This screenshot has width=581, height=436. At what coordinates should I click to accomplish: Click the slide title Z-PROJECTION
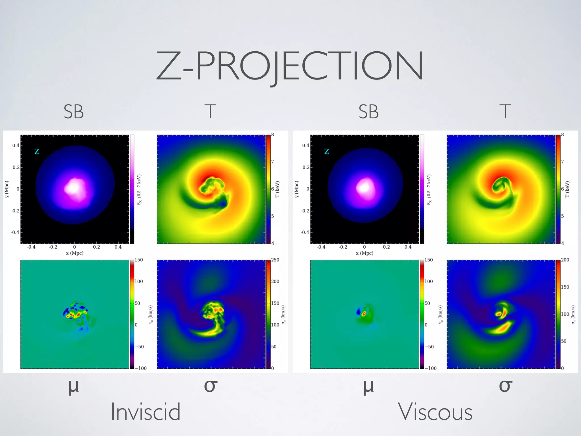pyautogui.click(x=290, y=66)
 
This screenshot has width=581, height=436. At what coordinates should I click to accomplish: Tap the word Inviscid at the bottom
pyautogui.click(x=145, y=412)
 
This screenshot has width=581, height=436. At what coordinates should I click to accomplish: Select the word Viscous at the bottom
pyautogui.click(x=435, y=412)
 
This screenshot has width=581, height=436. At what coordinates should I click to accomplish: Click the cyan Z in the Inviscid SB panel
pyautogui.click(x=37, y=152)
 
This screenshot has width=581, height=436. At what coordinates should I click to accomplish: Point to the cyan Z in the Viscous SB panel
pyautogui.click(x=327, y=152)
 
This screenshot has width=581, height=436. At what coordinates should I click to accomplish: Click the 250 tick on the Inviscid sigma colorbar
pyautogui.click(x=275, y=260)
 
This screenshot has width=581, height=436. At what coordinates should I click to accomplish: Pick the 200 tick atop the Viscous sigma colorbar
pyautogui.click(x=565, y=260)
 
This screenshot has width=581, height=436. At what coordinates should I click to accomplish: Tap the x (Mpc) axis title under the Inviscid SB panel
pyautogui.click(x=75, y=253)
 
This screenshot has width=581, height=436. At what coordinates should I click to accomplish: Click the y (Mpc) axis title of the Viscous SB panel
pyautogui.click(x=297, y=189)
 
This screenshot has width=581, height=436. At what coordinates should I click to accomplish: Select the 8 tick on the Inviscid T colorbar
pyautogui.click(x=273, y=135)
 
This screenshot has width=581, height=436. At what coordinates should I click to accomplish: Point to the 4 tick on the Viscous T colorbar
pyautogui.click(x=563, y=243)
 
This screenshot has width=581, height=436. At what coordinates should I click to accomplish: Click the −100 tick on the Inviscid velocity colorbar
pyautogui.click(x=141, y=368)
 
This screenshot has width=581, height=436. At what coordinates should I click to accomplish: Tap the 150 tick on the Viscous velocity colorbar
pyautogui.click(x=429, y=260)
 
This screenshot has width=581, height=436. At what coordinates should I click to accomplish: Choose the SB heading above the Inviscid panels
pyautogui.click(x=74, y=112)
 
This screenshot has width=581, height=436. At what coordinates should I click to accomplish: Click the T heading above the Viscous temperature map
pyautogui.click(x=505, y=112)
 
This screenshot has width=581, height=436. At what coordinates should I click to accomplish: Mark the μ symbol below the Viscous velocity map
pyautogui.click(x=369, y=387)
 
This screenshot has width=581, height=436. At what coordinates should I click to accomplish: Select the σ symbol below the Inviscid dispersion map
pyautogui.click(x=211, y=386)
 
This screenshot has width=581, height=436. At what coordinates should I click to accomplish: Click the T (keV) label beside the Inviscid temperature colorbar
pyautogui.click(x=277, y=189)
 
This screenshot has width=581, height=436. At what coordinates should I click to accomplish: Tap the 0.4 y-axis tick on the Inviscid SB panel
pyautogui.click(x=16, y=146)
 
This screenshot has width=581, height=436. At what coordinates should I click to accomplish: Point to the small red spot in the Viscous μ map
pyautogui.click(x=364, y=313)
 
